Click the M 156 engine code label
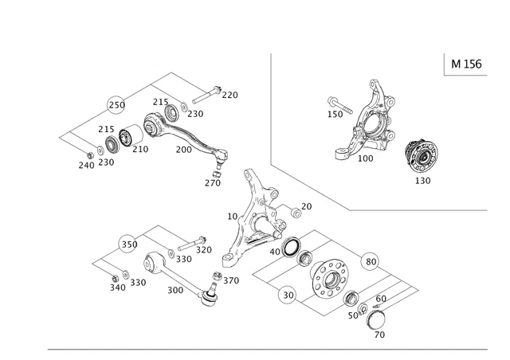pos(466,64)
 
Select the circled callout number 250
pos(117,105)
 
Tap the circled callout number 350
pos(129,244)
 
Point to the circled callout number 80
pos(371,260)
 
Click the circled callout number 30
pos(288,295)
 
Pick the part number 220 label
pos(229,95)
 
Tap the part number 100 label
pos(365,158)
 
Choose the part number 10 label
pos(232,216)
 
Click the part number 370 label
pos(230,280)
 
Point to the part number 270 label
pos(212,182)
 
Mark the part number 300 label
pos(175,291)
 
